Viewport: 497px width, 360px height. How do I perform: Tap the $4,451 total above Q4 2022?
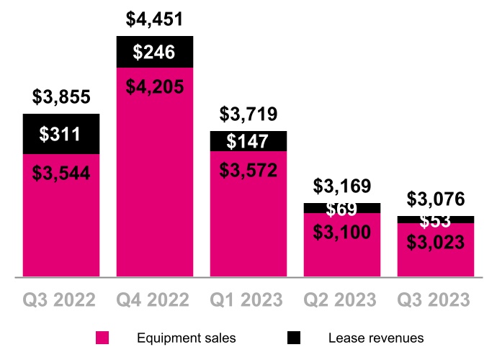[x=155, y=17]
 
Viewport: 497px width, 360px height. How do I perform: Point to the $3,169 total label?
[x=342, y=186]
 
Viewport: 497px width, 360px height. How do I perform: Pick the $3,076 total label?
[x=435, y=199]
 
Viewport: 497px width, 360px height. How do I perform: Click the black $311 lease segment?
[x=61, y=134]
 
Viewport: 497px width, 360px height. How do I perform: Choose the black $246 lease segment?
[x=155, y=52]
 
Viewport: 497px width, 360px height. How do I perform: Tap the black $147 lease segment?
[x=248, y=141]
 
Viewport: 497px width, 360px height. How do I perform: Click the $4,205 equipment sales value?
[x=155, y=87]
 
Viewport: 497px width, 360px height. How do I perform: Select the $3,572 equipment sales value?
[x=248, y=170]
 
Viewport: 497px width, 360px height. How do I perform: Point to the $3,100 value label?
[x=342, y=231]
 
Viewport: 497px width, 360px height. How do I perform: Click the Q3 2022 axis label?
[x=61, y=299]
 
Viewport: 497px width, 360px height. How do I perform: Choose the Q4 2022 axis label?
[x=155, y=299]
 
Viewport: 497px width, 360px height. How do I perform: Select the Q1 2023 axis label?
[x=248, y=299]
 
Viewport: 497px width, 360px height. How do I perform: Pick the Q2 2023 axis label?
[x=342, y=299]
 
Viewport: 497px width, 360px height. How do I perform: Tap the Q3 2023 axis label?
[x=435, y=299]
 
